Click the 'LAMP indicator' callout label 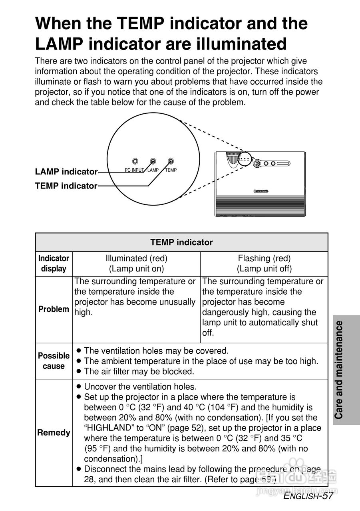tap(66, 172)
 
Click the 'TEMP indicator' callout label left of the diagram tap(66, 186)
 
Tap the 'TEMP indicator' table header tap(181, 242)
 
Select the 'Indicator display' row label tap(54, 263)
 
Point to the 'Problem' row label tap(54, 309)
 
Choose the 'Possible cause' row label tap(54, 361)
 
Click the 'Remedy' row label tap(54, 433)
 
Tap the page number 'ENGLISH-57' tap(308, 496)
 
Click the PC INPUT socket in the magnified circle tap(135, 161)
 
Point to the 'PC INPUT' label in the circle tap(134, 170)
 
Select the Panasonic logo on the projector tap(261, 191)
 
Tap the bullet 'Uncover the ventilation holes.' tap(140, 387)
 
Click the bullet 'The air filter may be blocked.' tap(139, 371)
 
